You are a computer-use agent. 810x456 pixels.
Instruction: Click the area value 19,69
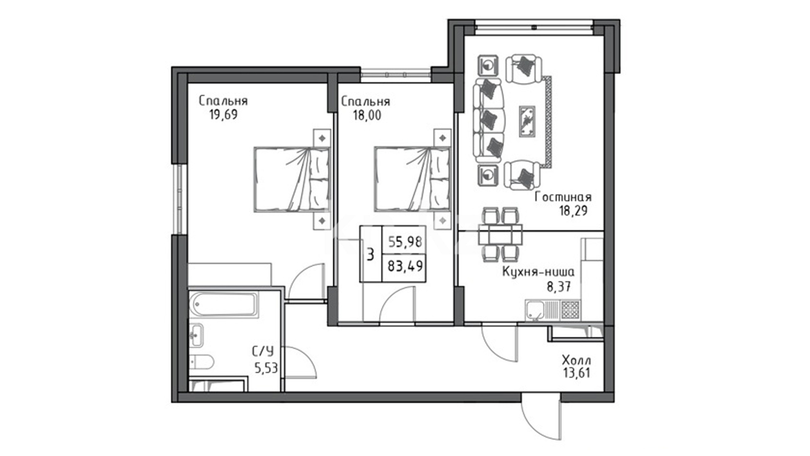click(223, 114)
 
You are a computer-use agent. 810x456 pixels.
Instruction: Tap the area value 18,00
click(367, 115)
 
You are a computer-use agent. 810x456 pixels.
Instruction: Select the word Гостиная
click(563, 197)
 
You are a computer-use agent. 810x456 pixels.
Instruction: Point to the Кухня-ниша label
click(538, 272)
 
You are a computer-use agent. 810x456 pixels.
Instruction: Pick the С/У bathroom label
click(263, 351)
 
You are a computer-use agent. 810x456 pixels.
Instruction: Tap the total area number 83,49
click(405, 266)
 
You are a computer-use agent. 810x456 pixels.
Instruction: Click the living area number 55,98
click(405, 242)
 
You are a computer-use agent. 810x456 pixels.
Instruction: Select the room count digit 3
click(370, 255)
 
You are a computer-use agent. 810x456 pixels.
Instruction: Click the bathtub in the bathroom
click(223, 304)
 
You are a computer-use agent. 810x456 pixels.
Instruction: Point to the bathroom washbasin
click(196, 335)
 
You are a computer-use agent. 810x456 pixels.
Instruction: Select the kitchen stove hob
click(570, 311)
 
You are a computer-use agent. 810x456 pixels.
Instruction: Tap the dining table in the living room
click(500, 235)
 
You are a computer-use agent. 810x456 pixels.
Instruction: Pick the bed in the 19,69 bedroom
click(292, 179)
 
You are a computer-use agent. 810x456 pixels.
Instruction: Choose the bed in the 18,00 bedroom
click(412, 179)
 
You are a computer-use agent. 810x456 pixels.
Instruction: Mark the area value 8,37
click(559, 287)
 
